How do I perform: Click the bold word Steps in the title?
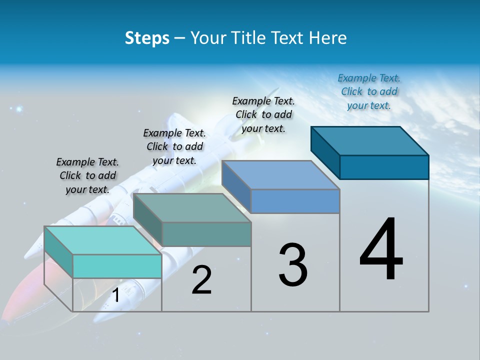pos(147,38)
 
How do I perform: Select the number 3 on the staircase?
pos(293,265)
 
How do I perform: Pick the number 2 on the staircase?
pos(202,280)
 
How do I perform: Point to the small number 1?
pos(115,295)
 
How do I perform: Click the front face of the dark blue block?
pos(384,167)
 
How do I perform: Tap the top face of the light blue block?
pos(281,175)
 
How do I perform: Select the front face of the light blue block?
pos(295,201)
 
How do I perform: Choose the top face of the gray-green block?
pos(192,208)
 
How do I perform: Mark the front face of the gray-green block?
pos(206,234)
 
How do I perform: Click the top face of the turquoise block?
pos(102,240)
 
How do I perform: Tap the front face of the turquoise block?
pos(117,266)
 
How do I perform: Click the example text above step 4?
pos(369,91)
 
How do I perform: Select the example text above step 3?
pos(263,114)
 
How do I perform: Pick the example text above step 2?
pos(174,146)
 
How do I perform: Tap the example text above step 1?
pos(87,175)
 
